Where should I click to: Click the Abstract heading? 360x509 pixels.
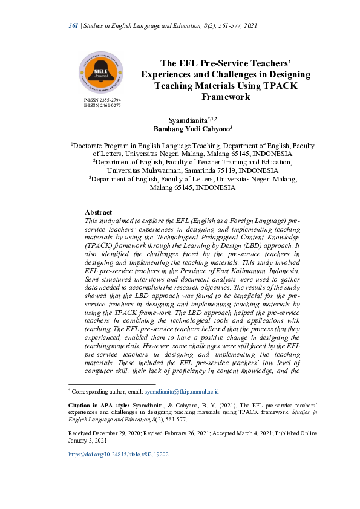[98, 212]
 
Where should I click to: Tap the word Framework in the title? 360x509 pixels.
[226, 96]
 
